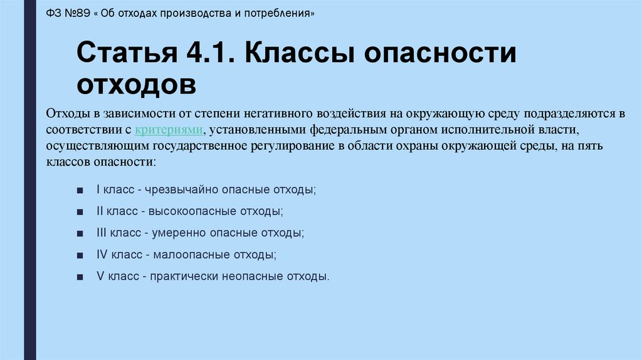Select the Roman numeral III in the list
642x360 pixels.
click(x=102, y=233)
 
